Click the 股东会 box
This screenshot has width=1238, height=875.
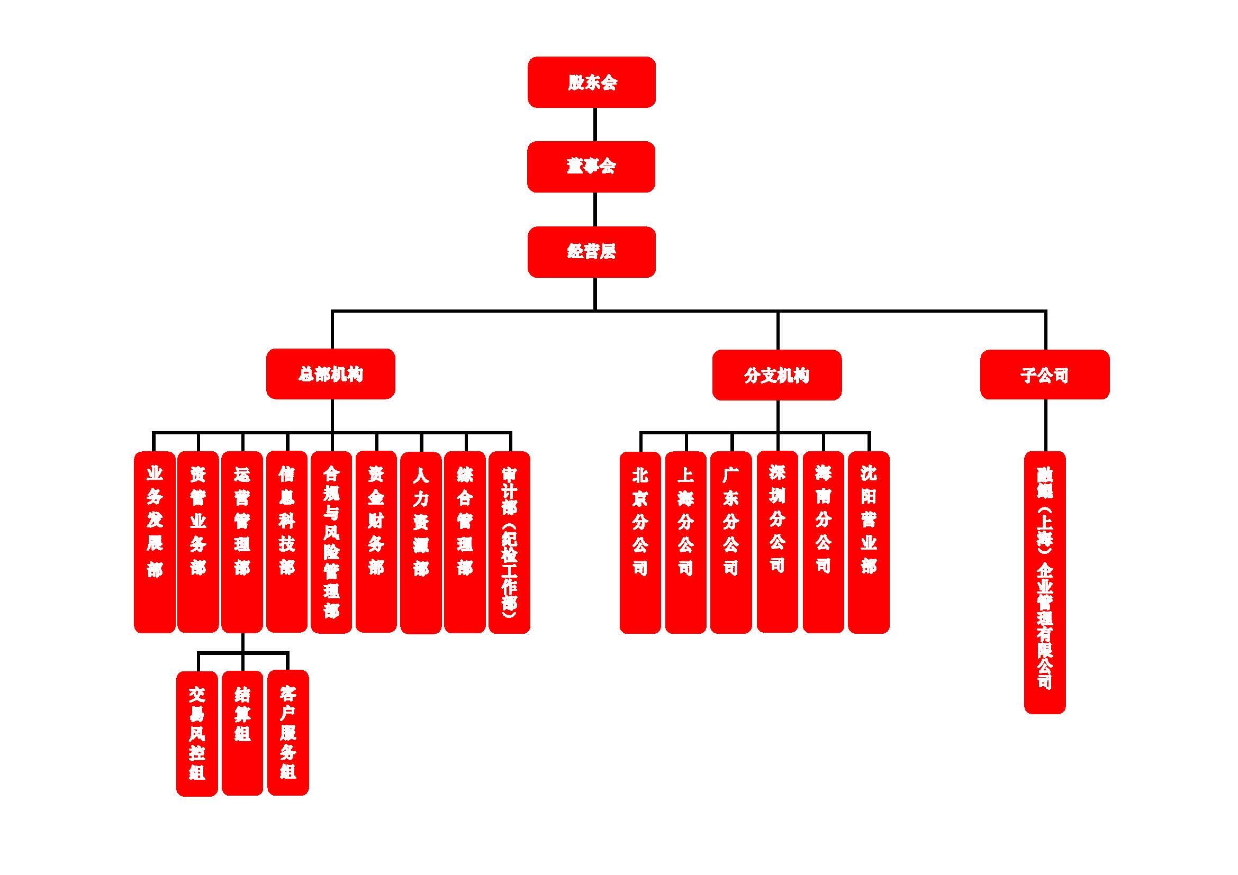(592, 82)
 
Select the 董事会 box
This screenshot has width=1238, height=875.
(591, 167)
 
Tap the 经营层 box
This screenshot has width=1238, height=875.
(592, 252)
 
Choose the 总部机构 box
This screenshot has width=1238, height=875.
(330, 374)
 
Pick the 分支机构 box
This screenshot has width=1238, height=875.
(776, 375)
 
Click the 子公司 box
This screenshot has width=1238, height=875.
(1044, 375)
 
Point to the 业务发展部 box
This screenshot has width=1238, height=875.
(155, 542)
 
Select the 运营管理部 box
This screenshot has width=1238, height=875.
(242, 542)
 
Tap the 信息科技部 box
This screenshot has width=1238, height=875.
(287, 542)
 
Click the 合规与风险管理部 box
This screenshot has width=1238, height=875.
(331, 542)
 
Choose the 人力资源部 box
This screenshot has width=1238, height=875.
(421, 542)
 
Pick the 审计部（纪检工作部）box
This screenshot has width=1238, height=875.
(509, 542)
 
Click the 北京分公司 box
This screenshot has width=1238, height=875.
(640, 542)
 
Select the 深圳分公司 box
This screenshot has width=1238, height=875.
(777, 542)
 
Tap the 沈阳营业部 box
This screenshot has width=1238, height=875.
(868, 542)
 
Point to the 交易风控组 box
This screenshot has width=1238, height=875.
(197, 733)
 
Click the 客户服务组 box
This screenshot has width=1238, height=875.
(288, 732)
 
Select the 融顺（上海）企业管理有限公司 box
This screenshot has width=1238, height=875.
(1044, 582)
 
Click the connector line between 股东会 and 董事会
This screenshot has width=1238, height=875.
(595, 124)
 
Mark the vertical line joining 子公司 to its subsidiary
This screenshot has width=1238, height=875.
(1045, 425)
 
